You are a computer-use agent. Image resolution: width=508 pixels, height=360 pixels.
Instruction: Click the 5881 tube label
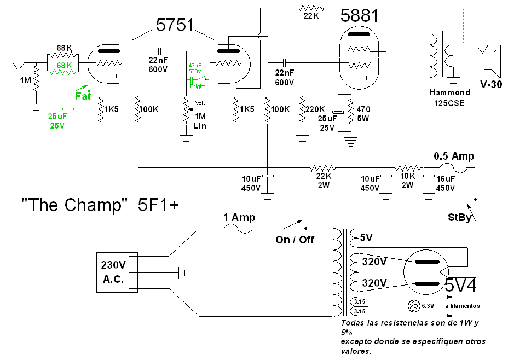(x=359, y=15)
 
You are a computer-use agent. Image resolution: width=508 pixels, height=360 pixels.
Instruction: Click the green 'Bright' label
(x=198, y=86)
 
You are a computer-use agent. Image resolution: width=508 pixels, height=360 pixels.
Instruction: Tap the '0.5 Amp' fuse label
(x=454, y=156)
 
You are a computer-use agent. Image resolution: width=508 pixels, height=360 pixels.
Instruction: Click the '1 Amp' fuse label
(x=239, y=218)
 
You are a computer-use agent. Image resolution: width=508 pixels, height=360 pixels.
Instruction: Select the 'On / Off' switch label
(x=295, y=240)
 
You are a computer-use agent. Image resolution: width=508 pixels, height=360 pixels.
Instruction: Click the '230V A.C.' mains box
(x=114, y=271)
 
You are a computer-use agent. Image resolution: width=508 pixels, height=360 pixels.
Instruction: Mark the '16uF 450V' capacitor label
(x=445, y=183)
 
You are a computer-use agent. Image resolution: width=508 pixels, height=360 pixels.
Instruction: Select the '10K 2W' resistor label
(x=406, y=181)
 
